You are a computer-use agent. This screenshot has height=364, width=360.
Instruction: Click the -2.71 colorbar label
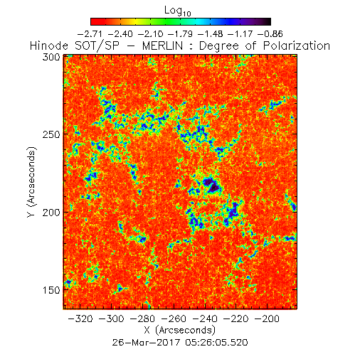[x=90, y=34]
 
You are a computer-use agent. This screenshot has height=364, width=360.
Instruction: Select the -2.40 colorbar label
[x=120, y=34]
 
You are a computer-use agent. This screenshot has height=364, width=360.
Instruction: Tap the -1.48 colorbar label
[x=211, y=34]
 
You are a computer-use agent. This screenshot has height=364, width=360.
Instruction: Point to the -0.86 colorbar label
[x=270, y=34]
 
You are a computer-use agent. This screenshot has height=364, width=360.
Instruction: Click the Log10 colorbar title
[x=178, y=11]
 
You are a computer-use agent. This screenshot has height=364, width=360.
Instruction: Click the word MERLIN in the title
[x=162, y=45]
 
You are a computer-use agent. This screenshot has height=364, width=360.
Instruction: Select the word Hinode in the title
[x=49, y=45]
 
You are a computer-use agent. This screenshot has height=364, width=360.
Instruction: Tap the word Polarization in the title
[x=297, y=45]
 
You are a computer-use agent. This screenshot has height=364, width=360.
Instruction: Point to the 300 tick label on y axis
[x=51, y=57]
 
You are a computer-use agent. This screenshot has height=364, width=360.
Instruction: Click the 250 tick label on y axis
[x=51, y=134]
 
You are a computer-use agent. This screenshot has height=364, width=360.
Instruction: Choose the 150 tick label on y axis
[x=51, y=290]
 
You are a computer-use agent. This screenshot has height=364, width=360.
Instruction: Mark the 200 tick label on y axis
[x=51, y=213]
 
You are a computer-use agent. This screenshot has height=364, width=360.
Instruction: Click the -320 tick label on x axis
[x=80, y=318]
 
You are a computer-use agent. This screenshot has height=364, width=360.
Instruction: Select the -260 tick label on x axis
[x=174, y=318]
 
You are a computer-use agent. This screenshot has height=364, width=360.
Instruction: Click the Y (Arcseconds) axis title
[x=31, y=182]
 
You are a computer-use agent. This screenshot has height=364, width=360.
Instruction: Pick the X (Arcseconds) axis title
[x=180, y=330]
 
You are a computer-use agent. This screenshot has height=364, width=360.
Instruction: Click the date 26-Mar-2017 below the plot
[x=146, y=343]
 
